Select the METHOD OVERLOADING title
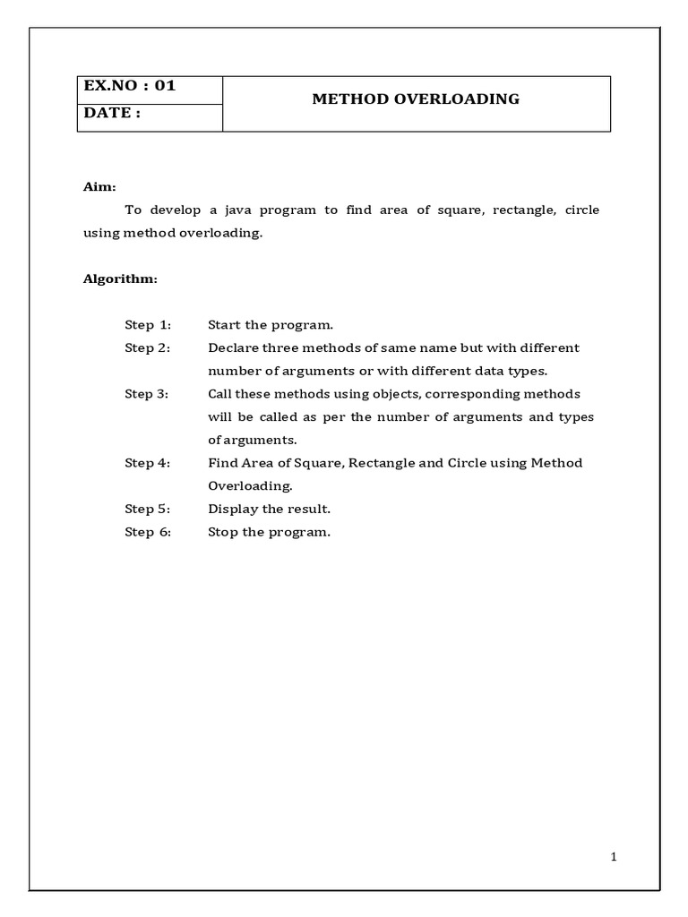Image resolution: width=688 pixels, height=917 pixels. pyautogui.click(x=416, y=99)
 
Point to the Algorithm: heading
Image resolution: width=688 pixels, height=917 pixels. pyautogui.click(x=120, y=279)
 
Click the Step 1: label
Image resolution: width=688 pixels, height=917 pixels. pyautogui.click(x=147, y=324)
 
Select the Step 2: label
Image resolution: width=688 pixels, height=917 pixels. pyautogui.click(x=147, y=347)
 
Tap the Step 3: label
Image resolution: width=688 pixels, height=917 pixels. pyautogui.click(x=147, y=394)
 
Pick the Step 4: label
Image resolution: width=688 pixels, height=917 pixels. pyautogui.click(x=147, y=463)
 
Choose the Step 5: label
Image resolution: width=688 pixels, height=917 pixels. pyautogui.click(x=147, y=509)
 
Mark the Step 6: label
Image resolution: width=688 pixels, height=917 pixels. pyautogui.click(x=147, y=532)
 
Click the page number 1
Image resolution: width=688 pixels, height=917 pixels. pyautogui.click(x=614, y=857)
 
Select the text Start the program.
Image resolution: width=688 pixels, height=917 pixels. pyautogui.click(x=271, y=324)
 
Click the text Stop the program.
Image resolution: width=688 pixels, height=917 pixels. pyautogui.click(x=270, y=532)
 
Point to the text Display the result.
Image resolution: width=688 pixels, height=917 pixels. pyautogui.click(x=270, y=509)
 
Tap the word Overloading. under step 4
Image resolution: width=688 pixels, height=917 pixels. pyautogui.click(x=250, y=486)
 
